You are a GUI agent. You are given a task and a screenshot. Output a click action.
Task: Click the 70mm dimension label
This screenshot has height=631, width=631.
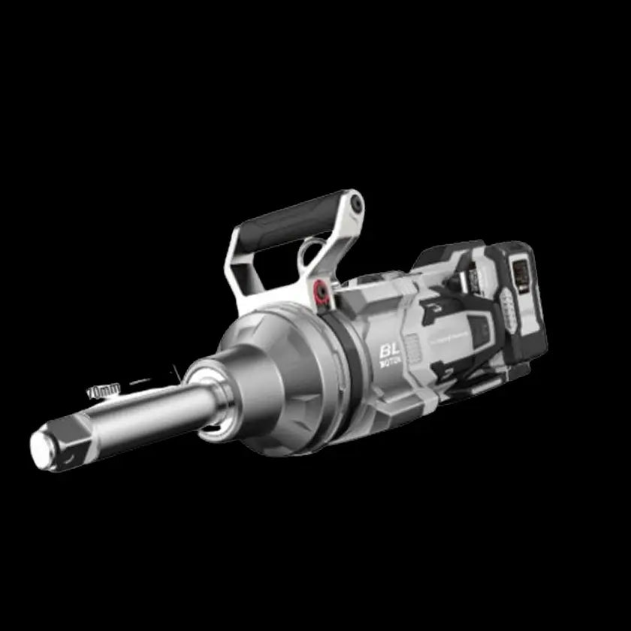tap(104, 391)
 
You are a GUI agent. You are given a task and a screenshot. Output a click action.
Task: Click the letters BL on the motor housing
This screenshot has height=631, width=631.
tap(389, 350)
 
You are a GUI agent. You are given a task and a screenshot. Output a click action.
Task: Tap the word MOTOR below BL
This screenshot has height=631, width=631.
tap(390, 364)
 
